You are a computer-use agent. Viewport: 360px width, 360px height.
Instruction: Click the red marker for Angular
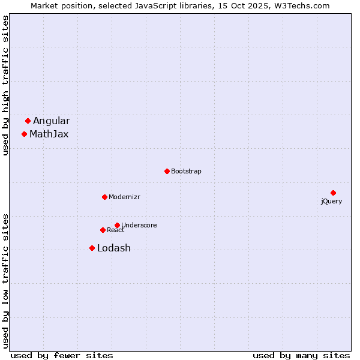pyautogui.click(x=28, y=121)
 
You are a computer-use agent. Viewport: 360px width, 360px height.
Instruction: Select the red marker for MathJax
pyautogui.click(x=24, y=134)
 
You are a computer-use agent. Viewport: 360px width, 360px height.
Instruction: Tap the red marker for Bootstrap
pyautogui.click(x=167, y=171)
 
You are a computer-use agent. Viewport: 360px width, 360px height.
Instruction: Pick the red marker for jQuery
pyautogui.click(x=333, y=193)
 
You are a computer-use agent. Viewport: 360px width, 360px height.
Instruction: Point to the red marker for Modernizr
pyautogui.click(x=104, y=197)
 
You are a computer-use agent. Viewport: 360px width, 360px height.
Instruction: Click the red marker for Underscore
pyautogui.click(x=117, y=225)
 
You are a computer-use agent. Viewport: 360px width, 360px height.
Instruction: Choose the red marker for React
pyautogui.click(x=103, y=230)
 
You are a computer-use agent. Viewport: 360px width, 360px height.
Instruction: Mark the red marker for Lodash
pyautogui.click(x=92, y=248)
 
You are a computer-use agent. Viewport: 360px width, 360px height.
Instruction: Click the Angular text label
pyautogui.click(x=51, y=121)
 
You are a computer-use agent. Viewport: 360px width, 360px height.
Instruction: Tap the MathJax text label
pyautogui.click(x=49, y=134)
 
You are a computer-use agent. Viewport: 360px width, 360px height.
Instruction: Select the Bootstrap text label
pyautogui.click(x=186, y=171)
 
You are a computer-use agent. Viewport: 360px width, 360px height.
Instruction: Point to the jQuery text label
pyautogui.click(x=331, y=201)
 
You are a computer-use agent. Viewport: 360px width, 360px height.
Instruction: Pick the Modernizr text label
pyautogui.click(x=124, y=197)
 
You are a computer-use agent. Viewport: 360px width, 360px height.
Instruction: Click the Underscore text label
pyautogui.click(x=139, y=225)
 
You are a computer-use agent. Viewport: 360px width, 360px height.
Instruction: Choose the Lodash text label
pyautogui.click(x=113, y=248)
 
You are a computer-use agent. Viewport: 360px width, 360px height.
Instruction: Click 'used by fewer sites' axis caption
pyautogui.click(x=62, y=355)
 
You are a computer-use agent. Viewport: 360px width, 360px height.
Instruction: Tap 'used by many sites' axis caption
pyautogui.click(x=301, y=355)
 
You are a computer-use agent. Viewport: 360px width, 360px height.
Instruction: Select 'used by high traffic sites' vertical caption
pyautogui.click(x=5, y=86)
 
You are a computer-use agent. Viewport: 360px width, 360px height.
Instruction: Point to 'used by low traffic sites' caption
pyautogui.click(x=5, y=280)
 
